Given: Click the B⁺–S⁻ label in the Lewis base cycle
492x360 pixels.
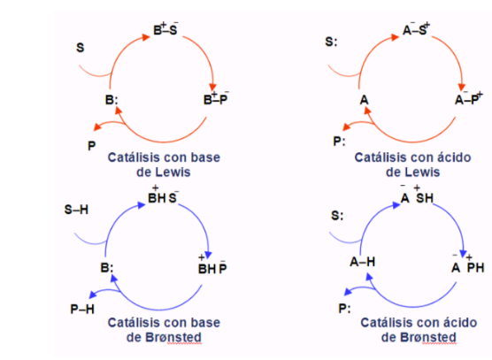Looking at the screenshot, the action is click(165, 29).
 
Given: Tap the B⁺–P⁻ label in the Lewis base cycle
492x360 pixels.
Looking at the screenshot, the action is click(216, 98).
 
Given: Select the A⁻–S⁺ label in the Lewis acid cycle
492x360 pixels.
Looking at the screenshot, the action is click(417, 29).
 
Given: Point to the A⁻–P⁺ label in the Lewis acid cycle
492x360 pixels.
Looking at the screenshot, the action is click(469, 98).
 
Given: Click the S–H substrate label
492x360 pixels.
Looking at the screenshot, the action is click(76, 210).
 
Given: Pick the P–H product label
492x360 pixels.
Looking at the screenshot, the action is click(82, 310).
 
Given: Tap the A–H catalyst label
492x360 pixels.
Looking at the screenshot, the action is click(363, 262).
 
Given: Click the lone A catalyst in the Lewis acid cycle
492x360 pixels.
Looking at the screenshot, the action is click(364, 100).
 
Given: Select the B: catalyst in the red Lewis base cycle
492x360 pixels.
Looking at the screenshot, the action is click(111, 100).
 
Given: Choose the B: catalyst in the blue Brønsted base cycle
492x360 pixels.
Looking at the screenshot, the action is click(107, 268).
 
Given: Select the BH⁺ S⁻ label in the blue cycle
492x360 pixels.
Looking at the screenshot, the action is click(164, 195).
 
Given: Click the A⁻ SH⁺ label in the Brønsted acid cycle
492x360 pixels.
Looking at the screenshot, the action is click(418, 195).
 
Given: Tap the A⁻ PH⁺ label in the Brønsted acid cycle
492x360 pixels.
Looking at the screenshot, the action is click(468, 264).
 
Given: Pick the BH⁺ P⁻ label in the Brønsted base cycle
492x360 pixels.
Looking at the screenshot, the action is click(212, 265).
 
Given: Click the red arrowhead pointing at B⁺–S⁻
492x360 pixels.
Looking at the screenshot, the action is click(146, 37).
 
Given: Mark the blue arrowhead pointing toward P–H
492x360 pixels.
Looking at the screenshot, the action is click(93, 295).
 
